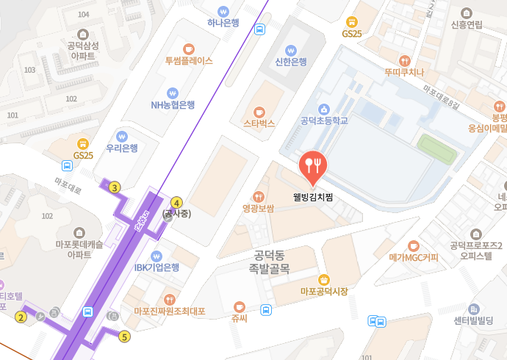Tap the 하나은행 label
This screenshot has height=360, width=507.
coord(223,23)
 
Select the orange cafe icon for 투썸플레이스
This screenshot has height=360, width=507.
coord(189,48)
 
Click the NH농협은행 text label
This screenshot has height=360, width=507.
coord(173,105)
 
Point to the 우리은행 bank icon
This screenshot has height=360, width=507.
coord(122,135)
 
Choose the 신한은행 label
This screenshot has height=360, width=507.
coord(290,62)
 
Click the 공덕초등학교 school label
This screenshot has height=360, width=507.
coord(323,120)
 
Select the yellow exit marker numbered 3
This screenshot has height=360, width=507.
coord(115,187)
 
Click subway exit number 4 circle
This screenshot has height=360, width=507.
coord(176,202)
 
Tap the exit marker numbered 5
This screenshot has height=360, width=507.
coord(124,337)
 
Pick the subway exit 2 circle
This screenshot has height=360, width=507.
coord(21,317)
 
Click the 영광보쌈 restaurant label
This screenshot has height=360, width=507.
coord(258,209)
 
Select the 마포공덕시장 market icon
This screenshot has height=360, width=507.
coord(323,279)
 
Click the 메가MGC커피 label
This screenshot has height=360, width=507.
coord(414,258)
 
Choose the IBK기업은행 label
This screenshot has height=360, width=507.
coord(157,267)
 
